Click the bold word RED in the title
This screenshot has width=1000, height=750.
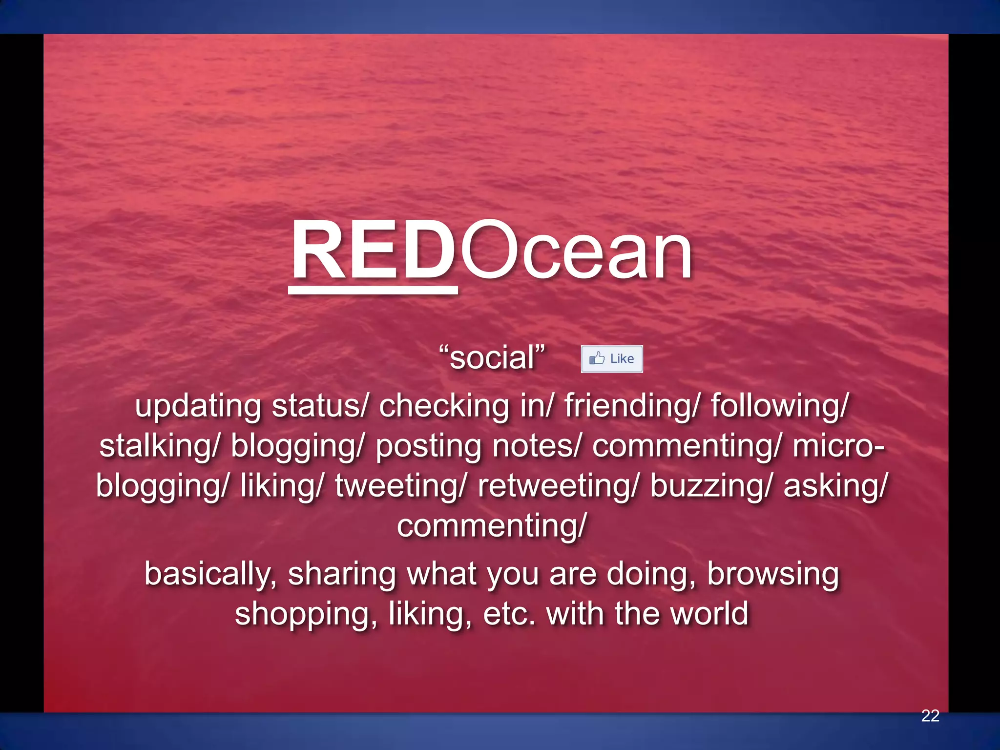[x=374, y=250]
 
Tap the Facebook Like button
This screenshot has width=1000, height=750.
[x=612, y=359]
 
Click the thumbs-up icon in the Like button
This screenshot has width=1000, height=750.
[x=597, y=358]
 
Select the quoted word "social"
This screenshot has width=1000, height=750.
[x=492, y=357]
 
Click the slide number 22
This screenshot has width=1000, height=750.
[x=930, y=715]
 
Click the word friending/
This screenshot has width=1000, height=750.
[x=633, y=406]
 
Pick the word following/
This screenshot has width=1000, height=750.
[x=780, y=406]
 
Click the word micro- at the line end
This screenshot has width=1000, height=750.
[x=838, y=447]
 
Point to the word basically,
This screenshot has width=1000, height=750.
[x=211, y=574]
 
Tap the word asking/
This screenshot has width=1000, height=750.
[x=835, y=487]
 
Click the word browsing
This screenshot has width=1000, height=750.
[x=773, y=574]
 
